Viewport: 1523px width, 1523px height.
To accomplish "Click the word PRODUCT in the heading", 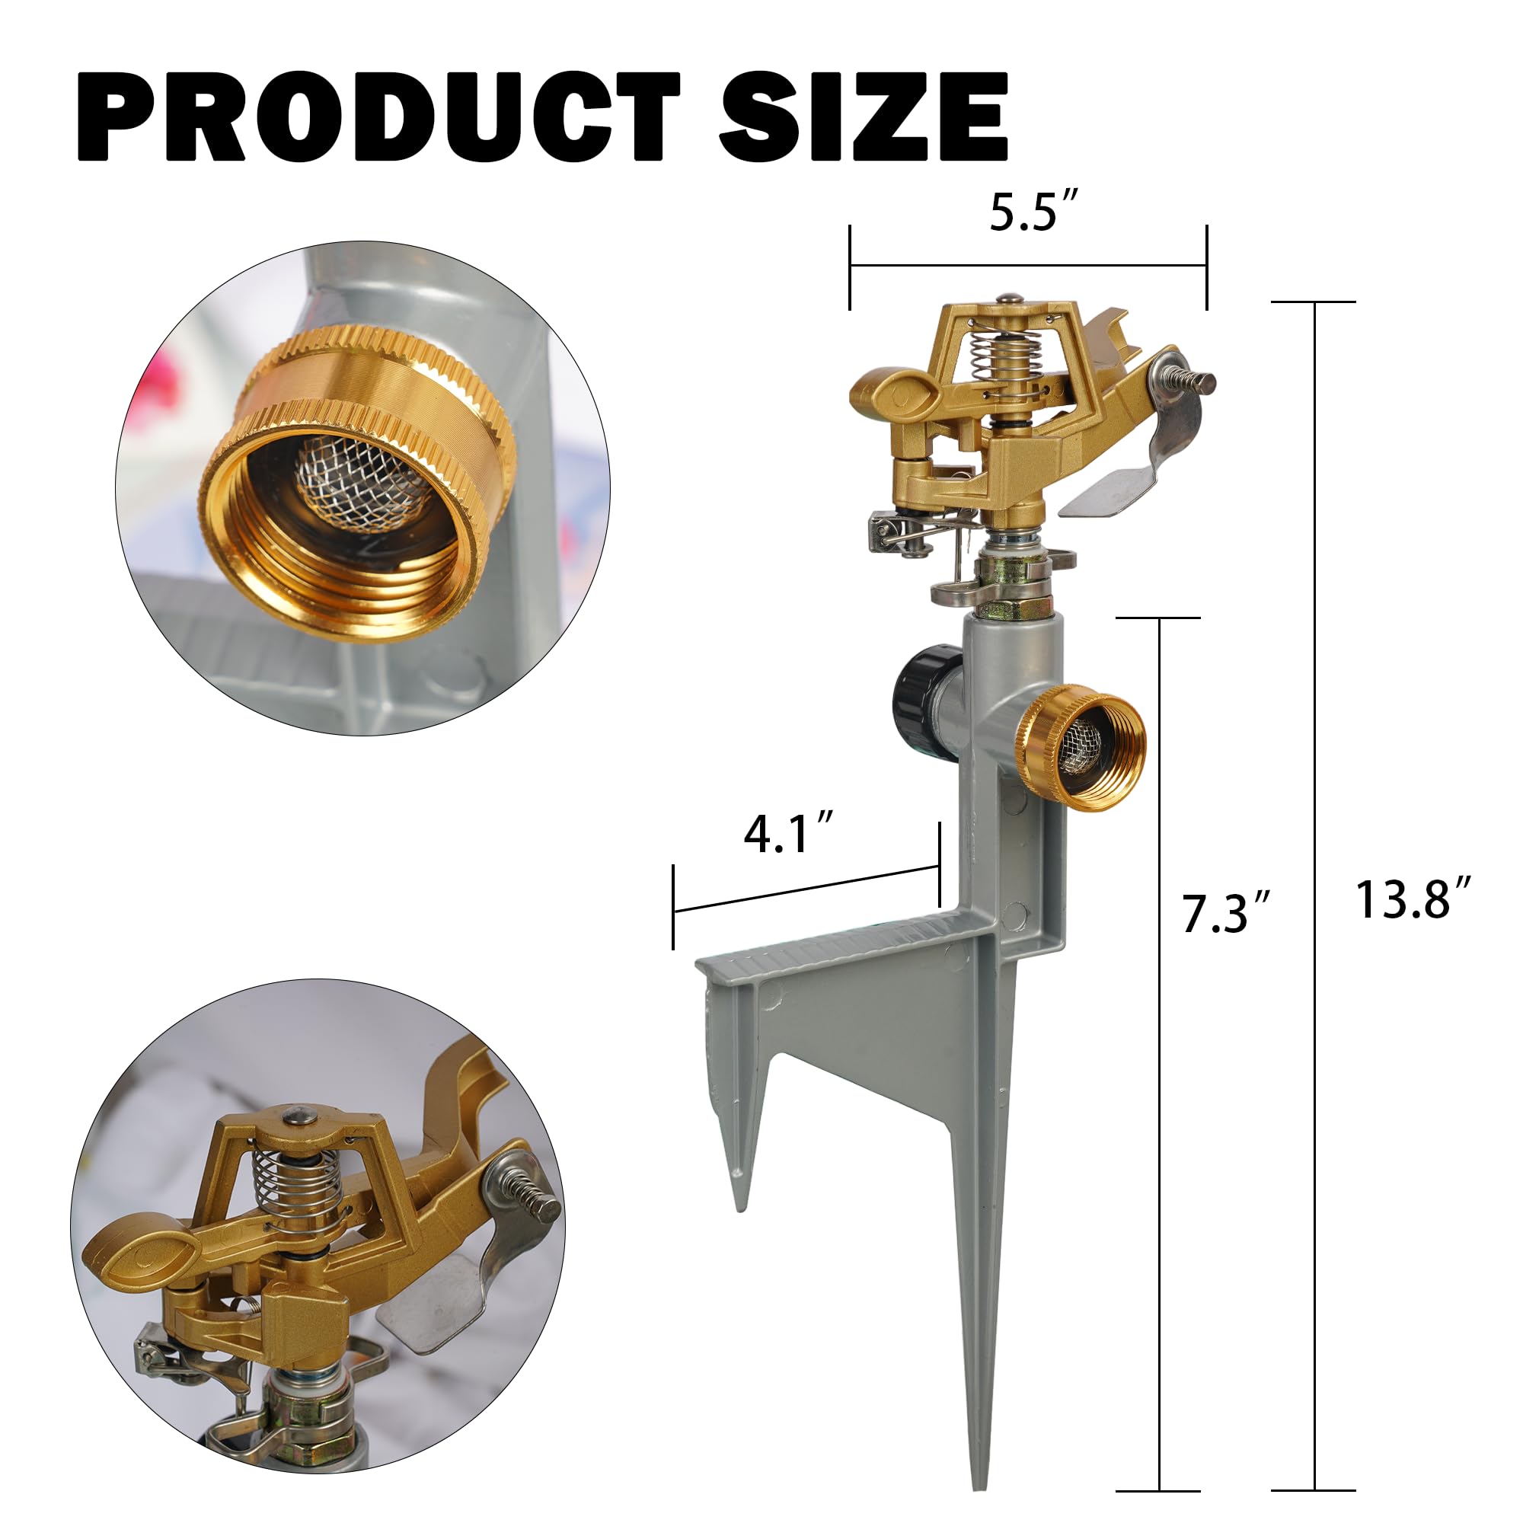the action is (x=378, y=117).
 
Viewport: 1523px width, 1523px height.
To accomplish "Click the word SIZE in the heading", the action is (x=864, y=117).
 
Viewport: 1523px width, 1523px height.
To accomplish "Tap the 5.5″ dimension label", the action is (x=1034, y=212).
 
